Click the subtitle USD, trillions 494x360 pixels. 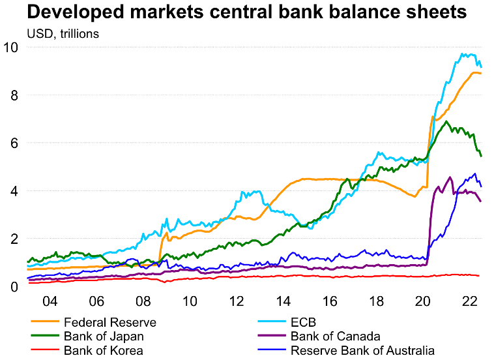(63, 33)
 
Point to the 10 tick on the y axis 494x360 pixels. (12, 48)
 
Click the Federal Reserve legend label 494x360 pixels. (110, 322)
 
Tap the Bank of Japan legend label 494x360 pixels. (104, 337)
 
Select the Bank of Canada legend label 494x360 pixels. (336, 337)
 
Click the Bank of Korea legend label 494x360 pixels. (103, 351)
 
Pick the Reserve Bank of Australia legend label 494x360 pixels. (362, 351)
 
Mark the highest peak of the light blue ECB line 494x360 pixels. (463, 54)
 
